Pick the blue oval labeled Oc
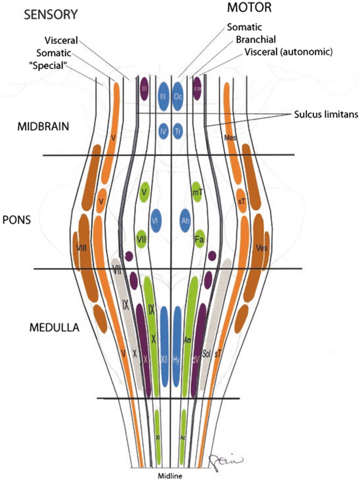179,96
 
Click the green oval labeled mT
198,193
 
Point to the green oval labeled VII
141,238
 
